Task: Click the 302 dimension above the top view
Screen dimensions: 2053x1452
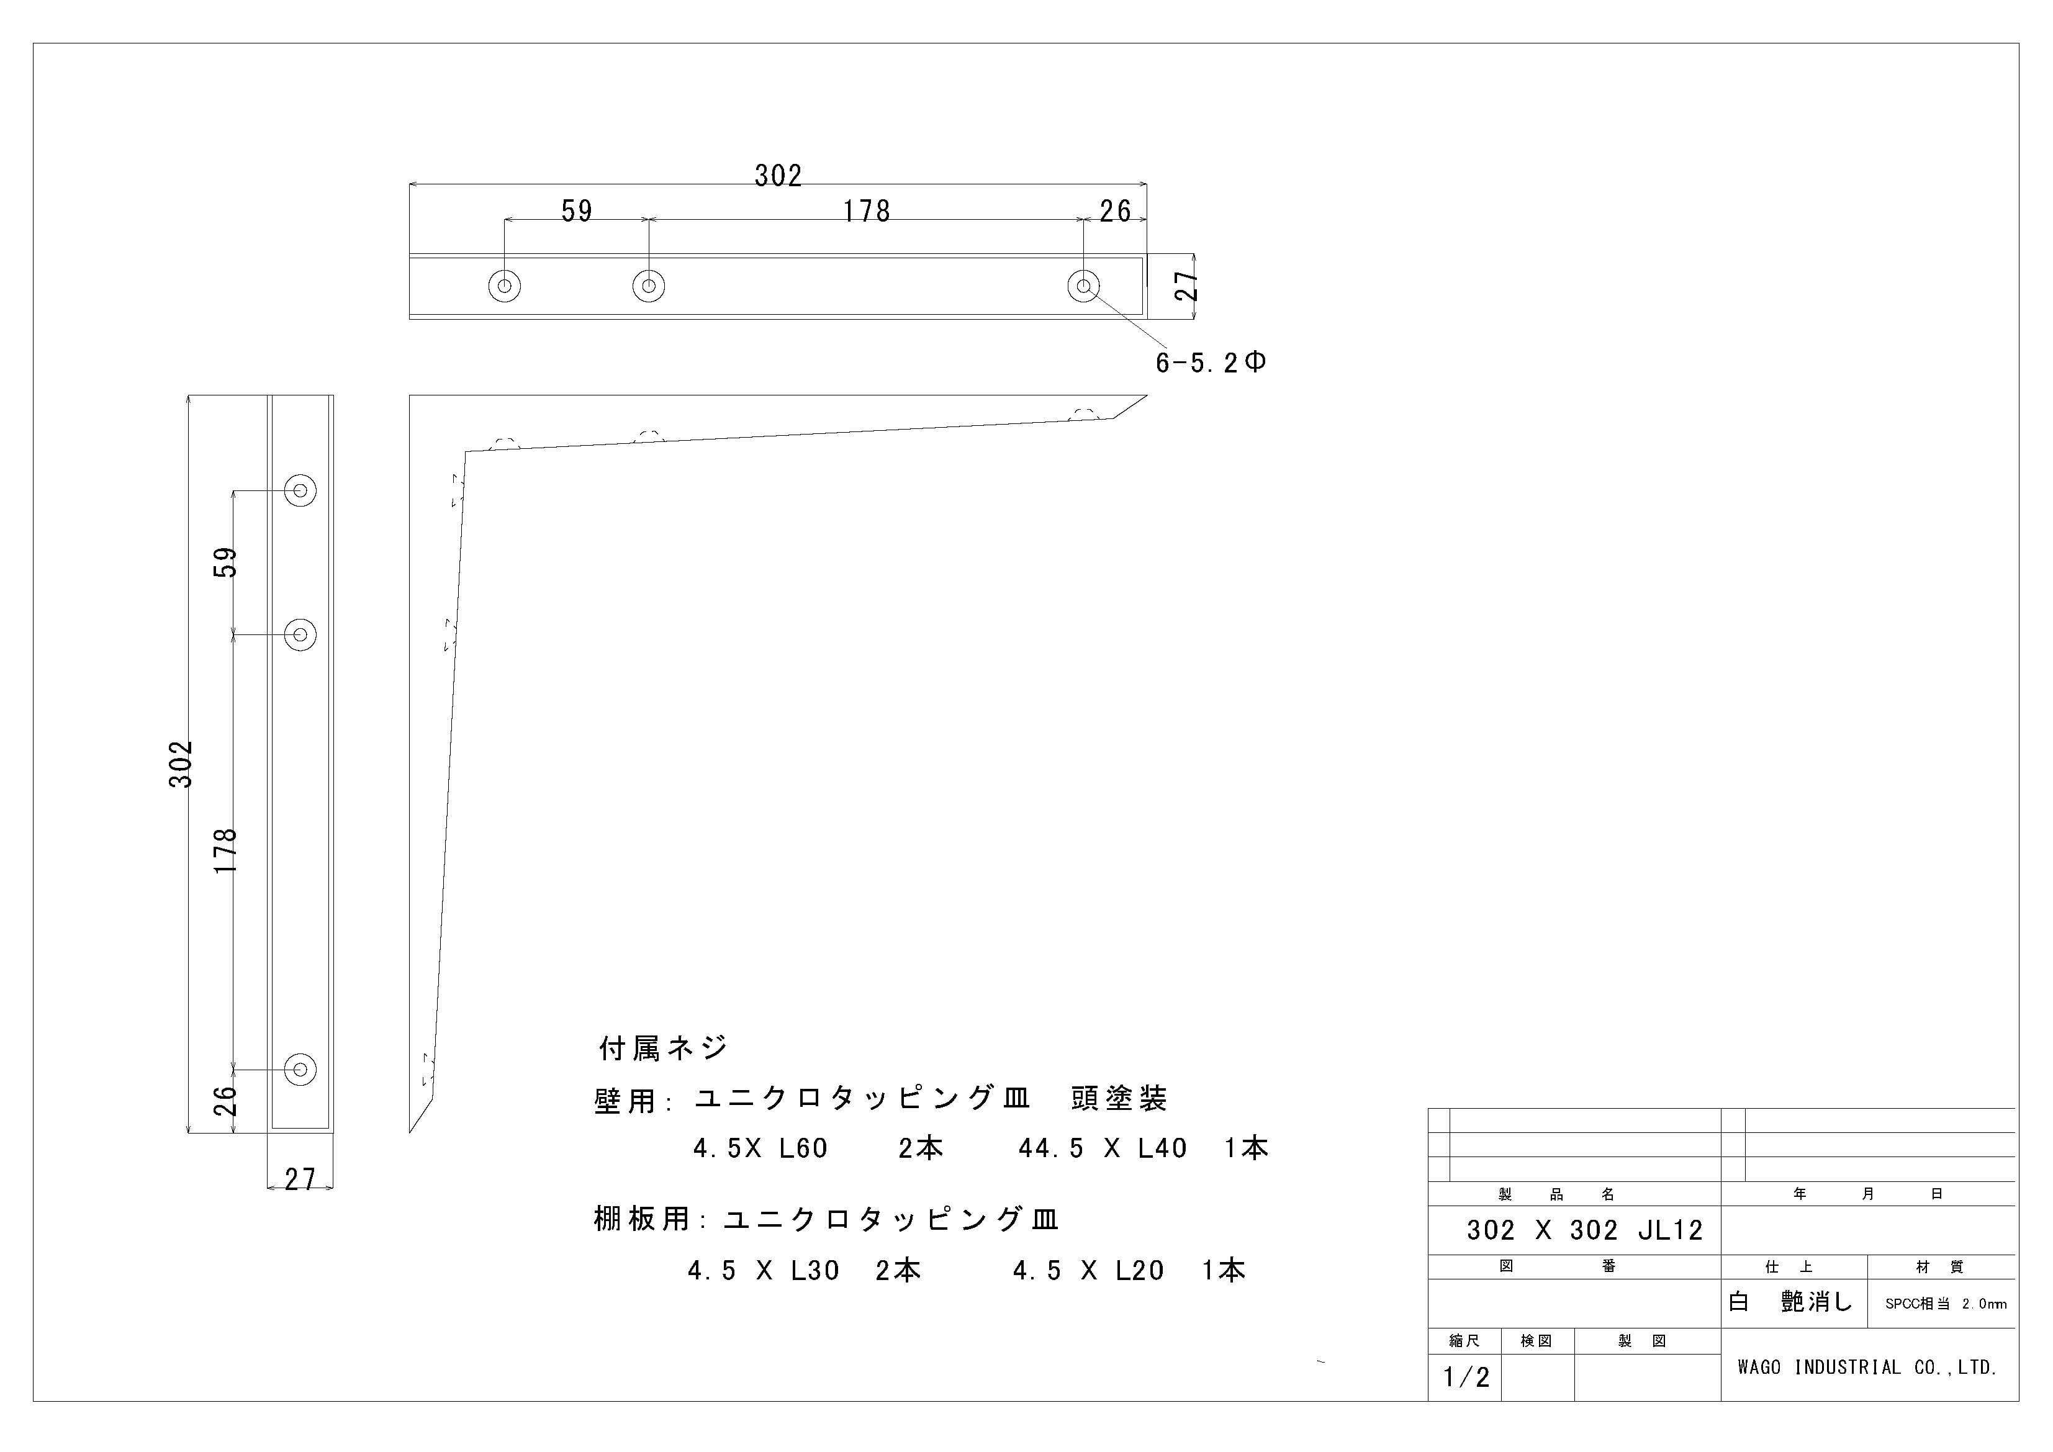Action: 778,175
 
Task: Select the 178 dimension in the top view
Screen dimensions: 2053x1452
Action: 867,211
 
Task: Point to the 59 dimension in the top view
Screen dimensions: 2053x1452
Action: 577,211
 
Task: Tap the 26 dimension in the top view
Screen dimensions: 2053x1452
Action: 1115,211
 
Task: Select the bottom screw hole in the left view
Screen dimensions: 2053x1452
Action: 300,1068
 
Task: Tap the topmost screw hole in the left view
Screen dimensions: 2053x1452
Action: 300,490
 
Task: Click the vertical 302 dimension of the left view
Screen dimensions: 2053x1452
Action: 181,764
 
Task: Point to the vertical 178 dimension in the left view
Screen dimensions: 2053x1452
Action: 226,852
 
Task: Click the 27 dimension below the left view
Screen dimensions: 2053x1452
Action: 300,1179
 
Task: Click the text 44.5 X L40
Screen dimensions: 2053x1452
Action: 1103,1148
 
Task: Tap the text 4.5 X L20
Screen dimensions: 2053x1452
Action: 1088,1271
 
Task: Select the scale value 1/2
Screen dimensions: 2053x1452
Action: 1466,1377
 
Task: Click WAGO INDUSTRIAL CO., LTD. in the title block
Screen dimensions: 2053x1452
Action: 1867,1367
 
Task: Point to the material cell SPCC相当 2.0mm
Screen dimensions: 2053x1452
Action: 1946,1304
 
